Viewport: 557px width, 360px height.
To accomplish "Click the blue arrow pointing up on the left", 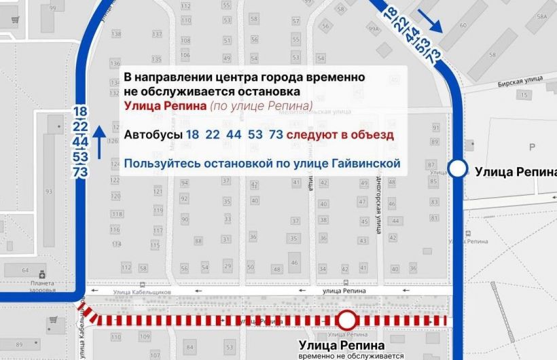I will (x=100, y=141).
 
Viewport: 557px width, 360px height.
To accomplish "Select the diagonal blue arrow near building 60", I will (x=431, y=21).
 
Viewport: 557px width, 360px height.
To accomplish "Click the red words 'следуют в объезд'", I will (x=340, y=134).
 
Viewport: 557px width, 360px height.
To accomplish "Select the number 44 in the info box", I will (x=234, y=134).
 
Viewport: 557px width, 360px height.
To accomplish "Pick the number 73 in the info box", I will (x=276, y=134).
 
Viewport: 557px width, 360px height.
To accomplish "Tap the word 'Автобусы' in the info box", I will (x=152, y=134).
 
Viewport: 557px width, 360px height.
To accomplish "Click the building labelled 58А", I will (x=542, y=15).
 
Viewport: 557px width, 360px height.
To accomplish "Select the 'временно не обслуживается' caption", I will (x=351, y=355).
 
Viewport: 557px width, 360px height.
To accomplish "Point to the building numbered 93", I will (x=48, y=191).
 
